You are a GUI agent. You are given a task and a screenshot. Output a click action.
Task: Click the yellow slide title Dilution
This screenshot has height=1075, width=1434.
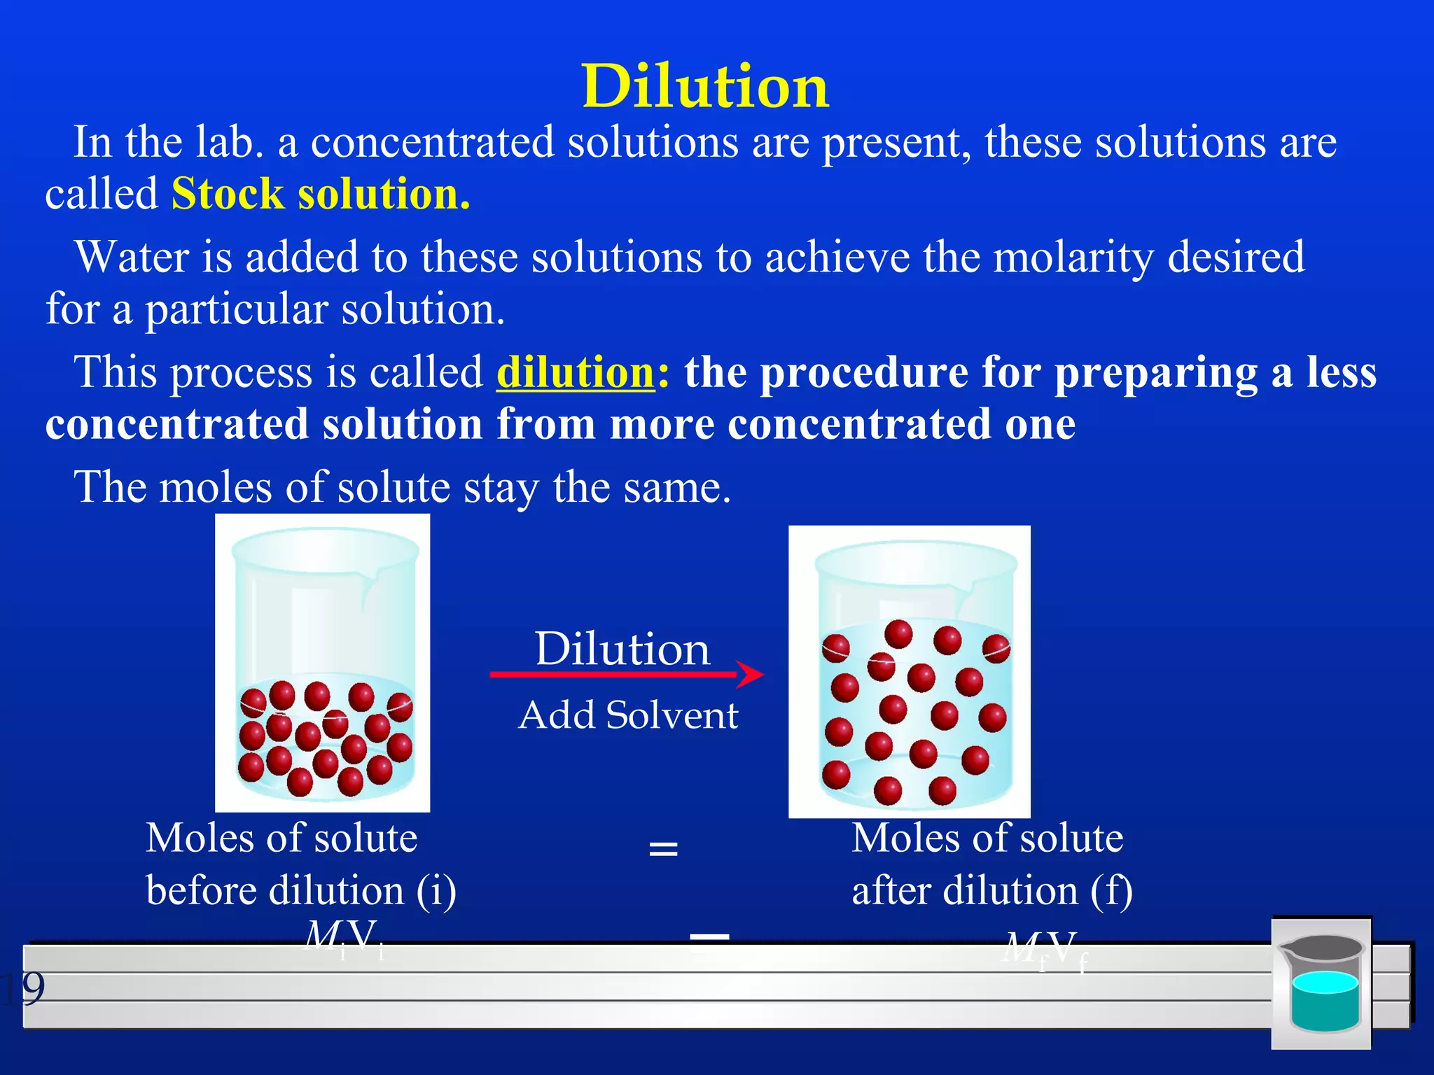(x=705, y=87)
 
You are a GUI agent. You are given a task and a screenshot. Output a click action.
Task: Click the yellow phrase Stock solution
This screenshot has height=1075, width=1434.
(x=321, y=194)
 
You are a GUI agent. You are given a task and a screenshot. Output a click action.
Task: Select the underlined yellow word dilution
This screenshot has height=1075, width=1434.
(x=575, y=372)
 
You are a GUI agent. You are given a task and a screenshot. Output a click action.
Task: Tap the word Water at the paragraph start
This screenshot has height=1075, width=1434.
(x=132, y=257)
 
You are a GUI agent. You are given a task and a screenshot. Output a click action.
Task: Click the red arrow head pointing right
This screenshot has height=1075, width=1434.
(x=752, y=675)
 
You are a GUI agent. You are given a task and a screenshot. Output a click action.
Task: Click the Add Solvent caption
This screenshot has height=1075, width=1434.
(x=628, y=715)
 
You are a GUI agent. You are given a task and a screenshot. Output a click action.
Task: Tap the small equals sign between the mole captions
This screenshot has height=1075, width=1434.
(x=663, y=850)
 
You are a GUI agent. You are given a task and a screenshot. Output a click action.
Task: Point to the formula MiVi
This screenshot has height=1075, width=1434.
(x=344, y=938)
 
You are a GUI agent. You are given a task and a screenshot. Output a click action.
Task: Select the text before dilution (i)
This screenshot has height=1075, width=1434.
(x=301, y=891)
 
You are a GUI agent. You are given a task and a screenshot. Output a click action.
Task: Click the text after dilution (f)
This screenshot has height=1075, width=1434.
(x=991, y=891)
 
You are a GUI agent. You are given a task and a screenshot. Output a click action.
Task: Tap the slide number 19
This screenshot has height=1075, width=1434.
(x=22, y=988)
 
